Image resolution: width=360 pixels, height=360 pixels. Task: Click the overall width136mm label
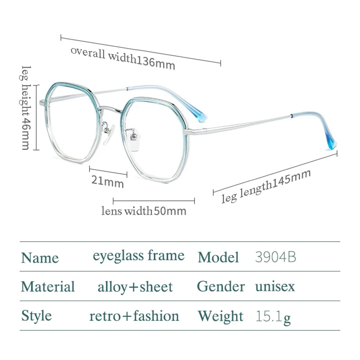[x=122, y=58]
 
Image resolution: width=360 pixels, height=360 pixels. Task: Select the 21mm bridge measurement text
[x=108, y=182]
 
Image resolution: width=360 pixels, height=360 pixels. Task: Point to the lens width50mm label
[x=144, y=211]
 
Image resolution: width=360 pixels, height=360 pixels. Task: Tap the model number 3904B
[x=275, y=257]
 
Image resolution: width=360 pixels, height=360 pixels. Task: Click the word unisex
[x=275, y=286]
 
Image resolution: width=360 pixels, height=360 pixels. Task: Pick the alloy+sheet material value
[x=135, y=287]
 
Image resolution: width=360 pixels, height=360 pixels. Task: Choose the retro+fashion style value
[x=134, y=316]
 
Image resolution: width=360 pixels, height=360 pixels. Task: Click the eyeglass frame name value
[x=139, y=256]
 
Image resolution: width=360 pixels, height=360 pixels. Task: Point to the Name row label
[x=40, y=258]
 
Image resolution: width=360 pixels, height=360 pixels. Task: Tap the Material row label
[x=48, y=287]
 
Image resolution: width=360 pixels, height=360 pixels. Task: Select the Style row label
[x=36, y=316]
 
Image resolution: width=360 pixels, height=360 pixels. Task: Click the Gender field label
[x=221, y=286]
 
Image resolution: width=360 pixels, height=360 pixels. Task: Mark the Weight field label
[x=221, y=316]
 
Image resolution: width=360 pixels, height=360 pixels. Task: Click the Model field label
[x=218, y=257]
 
